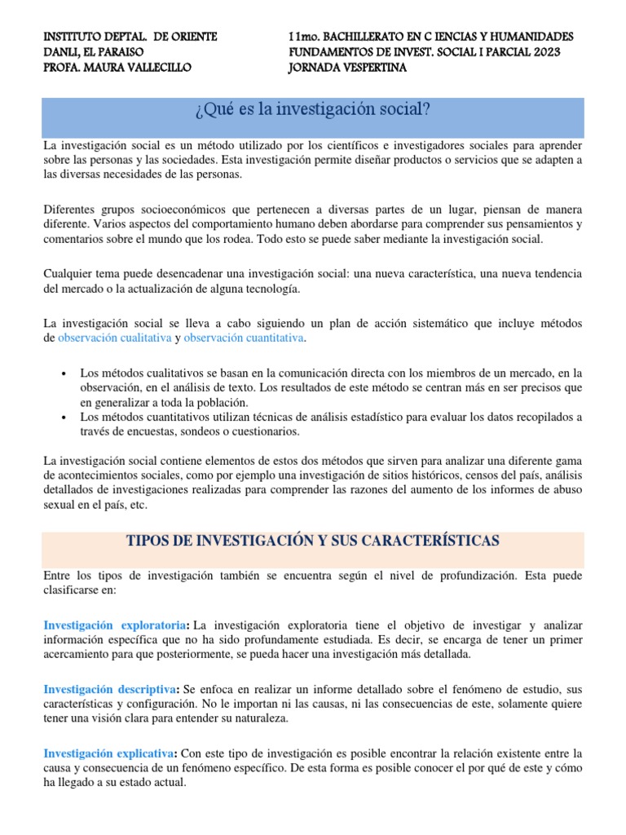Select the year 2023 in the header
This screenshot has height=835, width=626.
(542, 52)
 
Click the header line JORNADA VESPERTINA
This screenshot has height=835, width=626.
(347, 68)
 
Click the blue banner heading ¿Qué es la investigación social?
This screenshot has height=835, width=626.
(313, 108)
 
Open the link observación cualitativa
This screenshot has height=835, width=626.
(114, 338)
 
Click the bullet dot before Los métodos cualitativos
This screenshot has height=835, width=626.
(64, 373)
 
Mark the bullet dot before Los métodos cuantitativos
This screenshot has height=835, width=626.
(64, 417)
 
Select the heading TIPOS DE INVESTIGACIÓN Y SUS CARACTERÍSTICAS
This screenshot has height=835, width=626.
(313, 541)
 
